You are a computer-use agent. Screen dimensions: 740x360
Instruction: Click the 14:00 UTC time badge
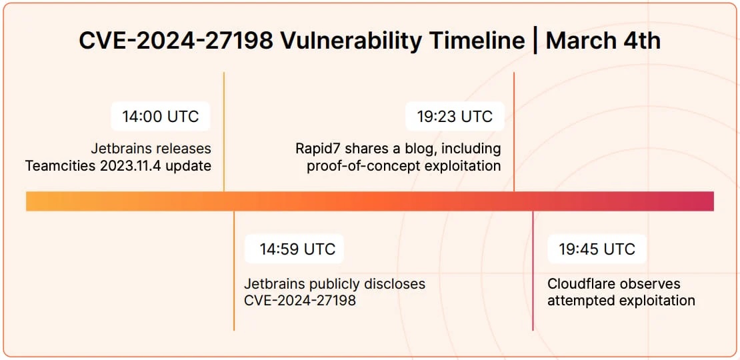click(x=161, y=116)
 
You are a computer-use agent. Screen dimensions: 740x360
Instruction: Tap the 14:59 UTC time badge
click(x=294, y=249)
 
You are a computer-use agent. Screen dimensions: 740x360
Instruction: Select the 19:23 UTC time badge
click(x=455, y=116)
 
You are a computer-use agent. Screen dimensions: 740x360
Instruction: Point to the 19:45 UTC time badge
click(x=597, y=249)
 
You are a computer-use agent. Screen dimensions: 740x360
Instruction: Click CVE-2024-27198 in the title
click(x=175, y=41)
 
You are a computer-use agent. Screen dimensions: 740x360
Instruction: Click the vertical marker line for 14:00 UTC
click(x=224, y=131)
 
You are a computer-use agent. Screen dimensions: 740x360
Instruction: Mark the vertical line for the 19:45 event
click(x=533, y=271)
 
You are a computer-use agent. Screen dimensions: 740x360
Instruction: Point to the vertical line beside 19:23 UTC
click(x=514, y=131)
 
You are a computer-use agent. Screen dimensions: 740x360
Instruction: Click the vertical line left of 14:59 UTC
click(x=233, y=271)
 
